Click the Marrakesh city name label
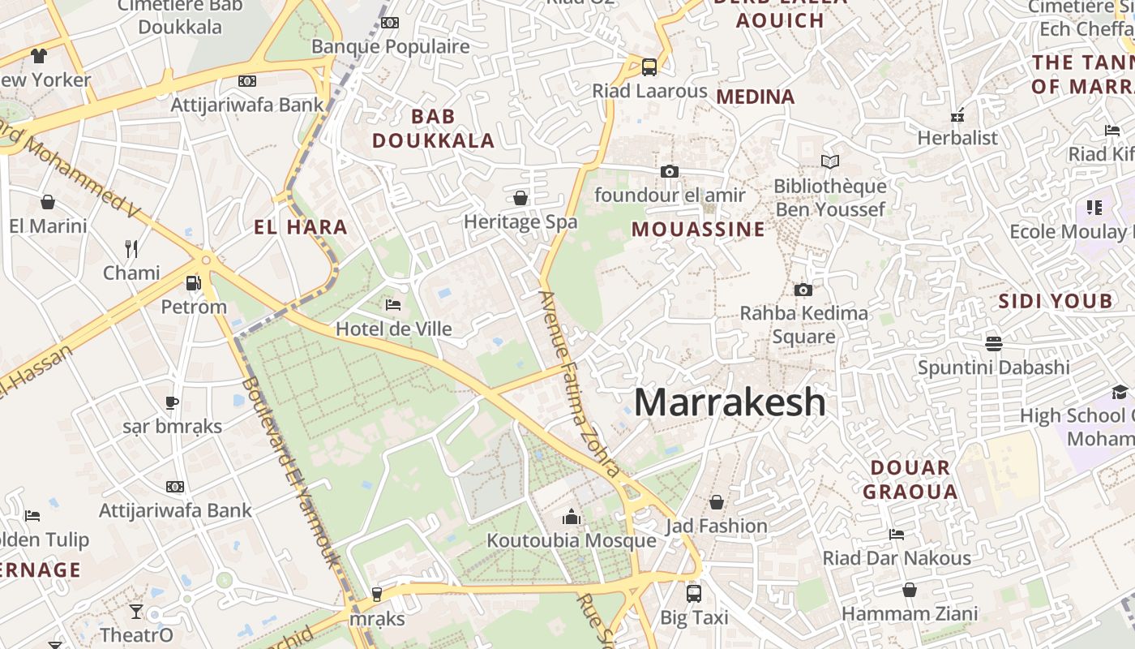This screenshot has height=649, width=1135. [x=730, y=402]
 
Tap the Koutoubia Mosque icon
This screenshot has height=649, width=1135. [x=572, y=517]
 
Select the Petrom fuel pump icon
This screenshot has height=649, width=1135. [x=194, y=283]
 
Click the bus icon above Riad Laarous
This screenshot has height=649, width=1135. [x=649, y=67]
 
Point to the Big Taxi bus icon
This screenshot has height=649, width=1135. [x=693, y=593]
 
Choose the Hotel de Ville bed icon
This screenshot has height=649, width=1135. [x=393, y=305]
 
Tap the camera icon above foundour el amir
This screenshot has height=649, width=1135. [x=669, y=171]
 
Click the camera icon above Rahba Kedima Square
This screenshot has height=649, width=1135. [x=803, y=290]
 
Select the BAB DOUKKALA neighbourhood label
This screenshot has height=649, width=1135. [x=433, y=128]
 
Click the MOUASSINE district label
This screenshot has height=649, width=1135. [x=698, y=230]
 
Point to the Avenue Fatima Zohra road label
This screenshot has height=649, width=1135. [x=579, y=381]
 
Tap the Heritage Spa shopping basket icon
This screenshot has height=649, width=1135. [x=520, y=198]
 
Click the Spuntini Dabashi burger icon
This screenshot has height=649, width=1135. [x=994, y=343]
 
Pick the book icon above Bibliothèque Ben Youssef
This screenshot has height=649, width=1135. [x=830, y=161]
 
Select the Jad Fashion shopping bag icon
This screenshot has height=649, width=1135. [x=716, y=502]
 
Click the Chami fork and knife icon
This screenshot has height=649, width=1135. [x=131, y=248]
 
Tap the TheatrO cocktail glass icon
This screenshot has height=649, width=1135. [x=135, y=611]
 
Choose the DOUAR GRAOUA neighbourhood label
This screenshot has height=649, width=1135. [x=910, y=479]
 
